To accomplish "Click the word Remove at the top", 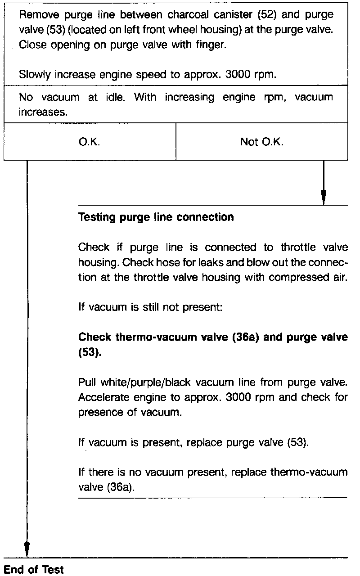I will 38,15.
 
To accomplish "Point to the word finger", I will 211,45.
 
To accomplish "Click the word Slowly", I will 35,75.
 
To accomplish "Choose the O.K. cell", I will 89,142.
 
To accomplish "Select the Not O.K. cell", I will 262,142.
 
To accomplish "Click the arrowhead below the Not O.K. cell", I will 323,198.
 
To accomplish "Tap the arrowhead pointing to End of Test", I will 27,549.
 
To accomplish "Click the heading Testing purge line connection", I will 156,217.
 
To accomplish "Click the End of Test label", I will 34,570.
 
